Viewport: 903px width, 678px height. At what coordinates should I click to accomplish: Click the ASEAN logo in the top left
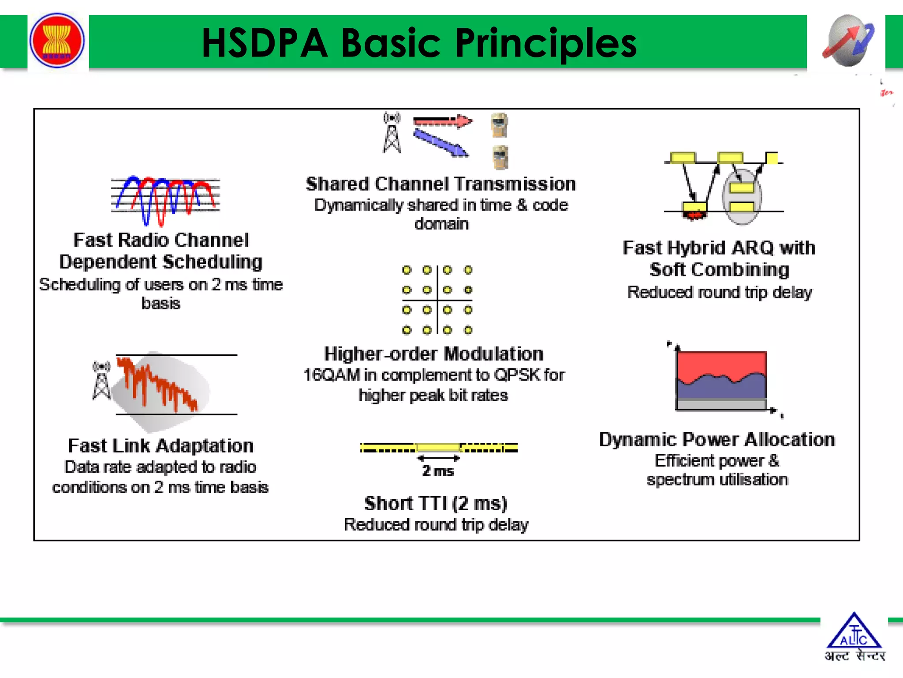coord(57,41)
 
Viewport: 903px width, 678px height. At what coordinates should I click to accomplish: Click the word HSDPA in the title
coord(265,43)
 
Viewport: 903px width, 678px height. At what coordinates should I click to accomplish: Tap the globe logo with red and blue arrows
coord(847,41)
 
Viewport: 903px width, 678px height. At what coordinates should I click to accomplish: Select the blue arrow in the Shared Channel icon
coord(440,142)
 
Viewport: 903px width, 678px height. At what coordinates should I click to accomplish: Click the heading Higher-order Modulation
coord(433,354)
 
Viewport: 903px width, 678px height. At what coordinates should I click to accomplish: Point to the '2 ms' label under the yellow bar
coord(437,471)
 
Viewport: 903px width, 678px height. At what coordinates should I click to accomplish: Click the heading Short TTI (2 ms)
coord(436,503)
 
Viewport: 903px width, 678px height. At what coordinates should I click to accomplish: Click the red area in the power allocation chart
coord(721,364)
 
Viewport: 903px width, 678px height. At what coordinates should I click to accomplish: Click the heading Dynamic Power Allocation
coord(717,440)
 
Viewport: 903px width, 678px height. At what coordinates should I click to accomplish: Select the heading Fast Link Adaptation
coord(161,446)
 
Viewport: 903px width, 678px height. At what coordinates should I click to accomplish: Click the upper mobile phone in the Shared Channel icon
coord(500,125)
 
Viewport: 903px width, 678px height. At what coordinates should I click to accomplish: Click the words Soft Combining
coord(719,270)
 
